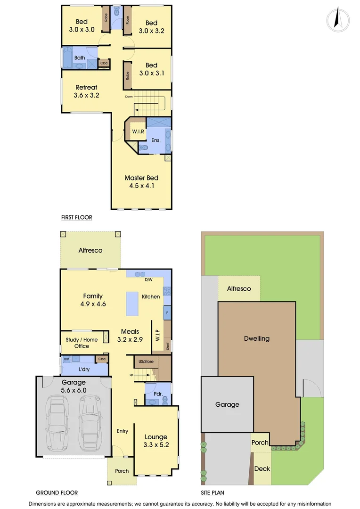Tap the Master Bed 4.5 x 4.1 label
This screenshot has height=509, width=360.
coord(141,182)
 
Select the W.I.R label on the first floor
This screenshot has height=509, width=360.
coord(138,131)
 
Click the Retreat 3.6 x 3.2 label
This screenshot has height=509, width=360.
coord(86,91)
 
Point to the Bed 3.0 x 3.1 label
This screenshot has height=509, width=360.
coord(151,69)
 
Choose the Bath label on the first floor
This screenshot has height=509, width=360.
coord(80,58)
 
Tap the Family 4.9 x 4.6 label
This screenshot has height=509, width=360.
coord(93,300)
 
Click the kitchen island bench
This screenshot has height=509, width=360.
coord(132,304)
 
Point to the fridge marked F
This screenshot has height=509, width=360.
coord(166,312)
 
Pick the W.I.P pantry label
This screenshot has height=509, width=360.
coord(158,335)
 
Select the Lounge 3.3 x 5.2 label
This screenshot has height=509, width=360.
coord(156,441)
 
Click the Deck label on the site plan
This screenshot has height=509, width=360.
coord(262,468)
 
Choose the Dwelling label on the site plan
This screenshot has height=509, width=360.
coord(257,338)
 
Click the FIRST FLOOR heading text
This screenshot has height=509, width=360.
coord(76,218)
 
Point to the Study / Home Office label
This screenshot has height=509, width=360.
coord(82,343)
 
